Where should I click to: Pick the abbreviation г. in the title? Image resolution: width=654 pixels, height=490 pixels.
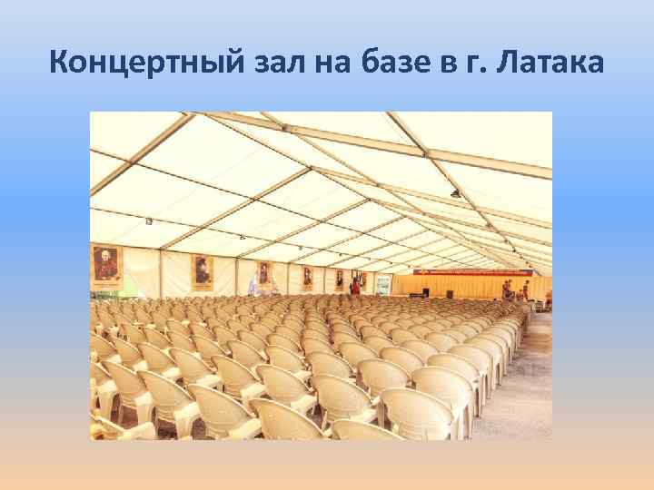click(x=480, y=64)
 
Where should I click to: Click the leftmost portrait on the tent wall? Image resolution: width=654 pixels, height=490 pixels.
click(x=105, y=263)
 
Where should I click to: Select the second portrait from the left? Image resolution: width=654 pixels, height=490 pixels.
click(x=202, y=269)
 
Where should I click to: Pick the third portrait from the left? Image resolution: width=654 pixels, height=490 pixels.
click(x=263, y=272)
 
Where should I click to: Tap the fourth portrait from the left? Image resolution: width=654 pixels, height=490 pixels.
click(x=307, y=275)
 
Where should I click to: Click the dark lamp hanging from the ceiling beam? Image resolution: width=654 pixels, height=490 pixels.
click(x=455, y=194)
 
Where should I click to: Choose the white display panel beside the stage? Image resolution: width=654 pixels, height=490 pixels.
click(x=384, y=285)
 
